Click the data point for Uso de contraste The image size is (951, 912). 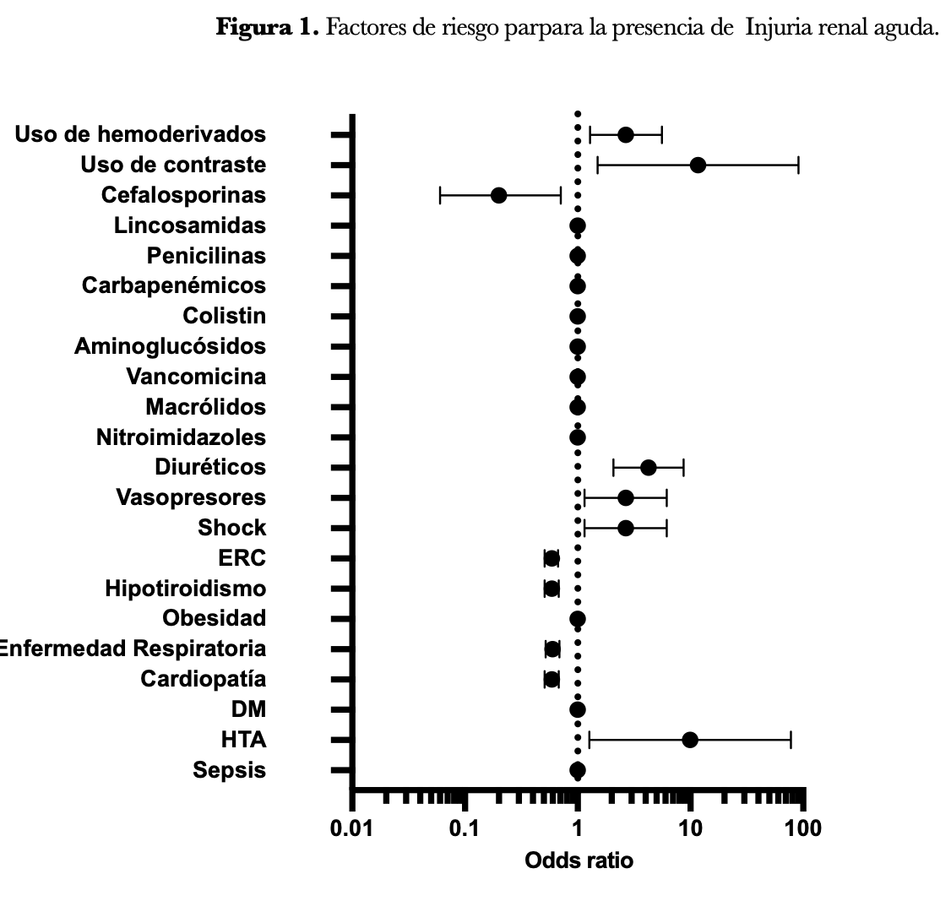coord(698,165)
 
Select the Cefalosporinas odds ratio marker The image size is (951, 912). coord(498,195)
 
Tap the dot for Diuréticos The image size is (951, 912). coord(648,467)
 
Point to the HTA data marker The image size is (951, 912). coord(690,740)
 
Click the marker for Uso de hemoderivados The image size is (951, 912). coord(625,134)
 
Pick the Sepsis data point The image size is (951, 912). coord(578,770)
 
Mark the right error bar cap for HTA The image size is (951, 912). coord(791,740)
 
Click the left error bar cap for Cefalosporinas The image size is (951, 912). coord(440,195)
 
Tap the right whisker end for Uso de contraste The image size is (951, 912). coord(798,165)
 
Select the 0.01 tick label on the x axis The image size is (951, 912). coord(352,829)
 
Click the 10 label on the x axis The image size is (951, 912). coord(690,829)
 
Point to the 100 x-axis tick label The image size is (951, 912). coord(802,829)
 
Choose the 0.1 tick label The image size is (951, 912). coord(465,829)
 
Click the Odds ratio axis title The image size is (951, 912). coord(579,861)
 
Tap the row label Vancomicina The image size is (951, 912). coord(196,377)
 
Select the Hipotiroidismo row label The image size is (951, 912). coord(185,589)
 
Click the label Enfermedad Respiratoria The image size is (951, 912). coord(133,649)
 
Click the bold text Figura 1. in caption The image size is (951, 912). coord(267,27)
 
